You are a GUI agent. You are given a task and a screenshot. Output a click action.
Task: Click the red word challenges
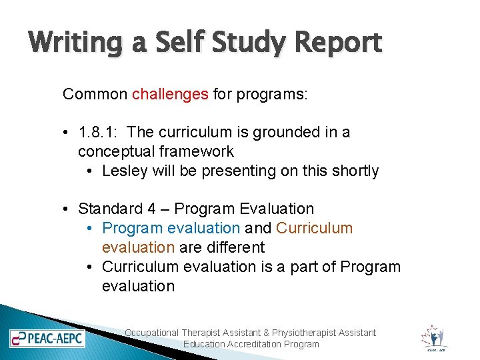point(170,94)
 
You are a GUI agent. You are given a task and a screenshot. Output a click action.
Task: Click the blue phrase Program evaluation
point(171,228)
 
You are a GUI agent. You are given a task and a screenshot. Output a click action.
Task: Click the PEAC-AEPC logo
point(47,337)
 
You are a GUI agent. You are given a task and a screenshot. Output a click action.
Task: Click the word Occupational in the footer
point(152,333)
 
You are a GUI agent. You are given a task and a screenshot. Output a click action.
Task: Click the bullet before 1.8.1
point(69,132)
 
